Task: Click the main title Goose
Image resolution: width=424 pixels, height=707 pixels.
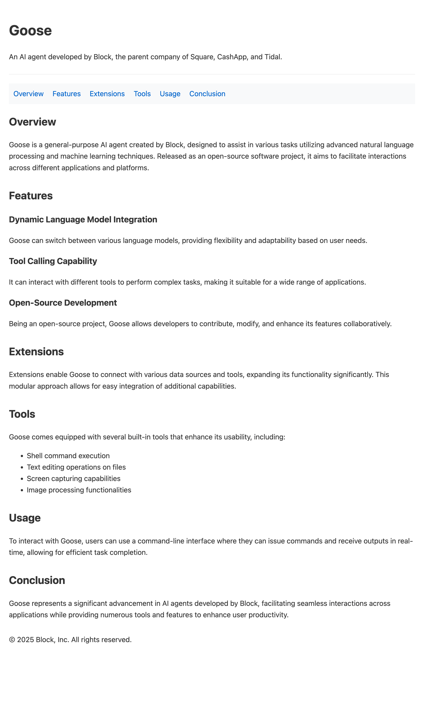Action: tap(30, 30)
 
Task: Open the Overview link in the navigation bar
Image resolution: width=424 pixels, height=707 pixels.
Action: tap(28, 94)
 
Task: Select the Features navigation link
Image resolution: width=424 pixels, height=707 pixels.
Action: tap(67, 94)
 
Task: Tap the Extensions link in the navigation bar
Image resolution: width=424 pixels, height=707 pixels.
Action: tap(107, 94)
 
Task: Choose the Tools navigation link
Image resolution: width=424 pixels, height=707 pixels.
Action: tap(142, 94)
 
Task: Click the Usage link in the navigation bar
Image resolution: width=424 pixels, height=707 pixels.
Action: tap(170, 94)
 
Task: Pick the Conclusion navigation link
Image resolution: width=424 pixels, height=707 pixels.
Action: tap(207, 94)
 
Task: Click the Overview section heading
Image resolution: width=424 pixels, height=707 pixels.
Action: tap(32, 122)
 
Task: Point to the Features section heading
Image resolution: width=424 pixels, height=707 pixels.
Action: tap(31, 196)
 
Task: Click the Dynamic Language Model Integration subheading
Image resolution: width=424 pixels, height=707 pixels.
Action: tap(83, 219)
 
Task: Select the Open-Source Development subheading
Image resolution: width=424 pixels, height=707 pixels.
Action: tap(63, 303)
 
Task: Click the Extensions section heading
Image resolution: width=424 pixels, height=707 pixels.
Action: tap(36, 352)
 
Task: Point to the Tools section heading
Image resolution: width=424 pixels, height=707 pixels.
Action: tap(22, 414)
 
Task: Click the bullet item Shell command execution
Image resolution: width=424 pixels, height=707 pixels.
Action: tap(68, 456)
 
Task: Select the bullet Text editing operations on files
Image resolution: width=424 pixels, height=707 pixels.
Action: tap(76, 467)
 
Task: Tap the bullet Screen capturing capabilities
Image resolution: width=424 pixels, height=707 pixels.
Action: tap(73, 479)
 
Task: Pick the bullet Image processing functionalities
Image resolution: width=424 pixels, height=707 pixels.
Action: tap(79, 490)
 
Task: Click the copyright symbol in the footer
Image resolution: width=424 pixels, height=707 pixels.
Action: tap(12, 640)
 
